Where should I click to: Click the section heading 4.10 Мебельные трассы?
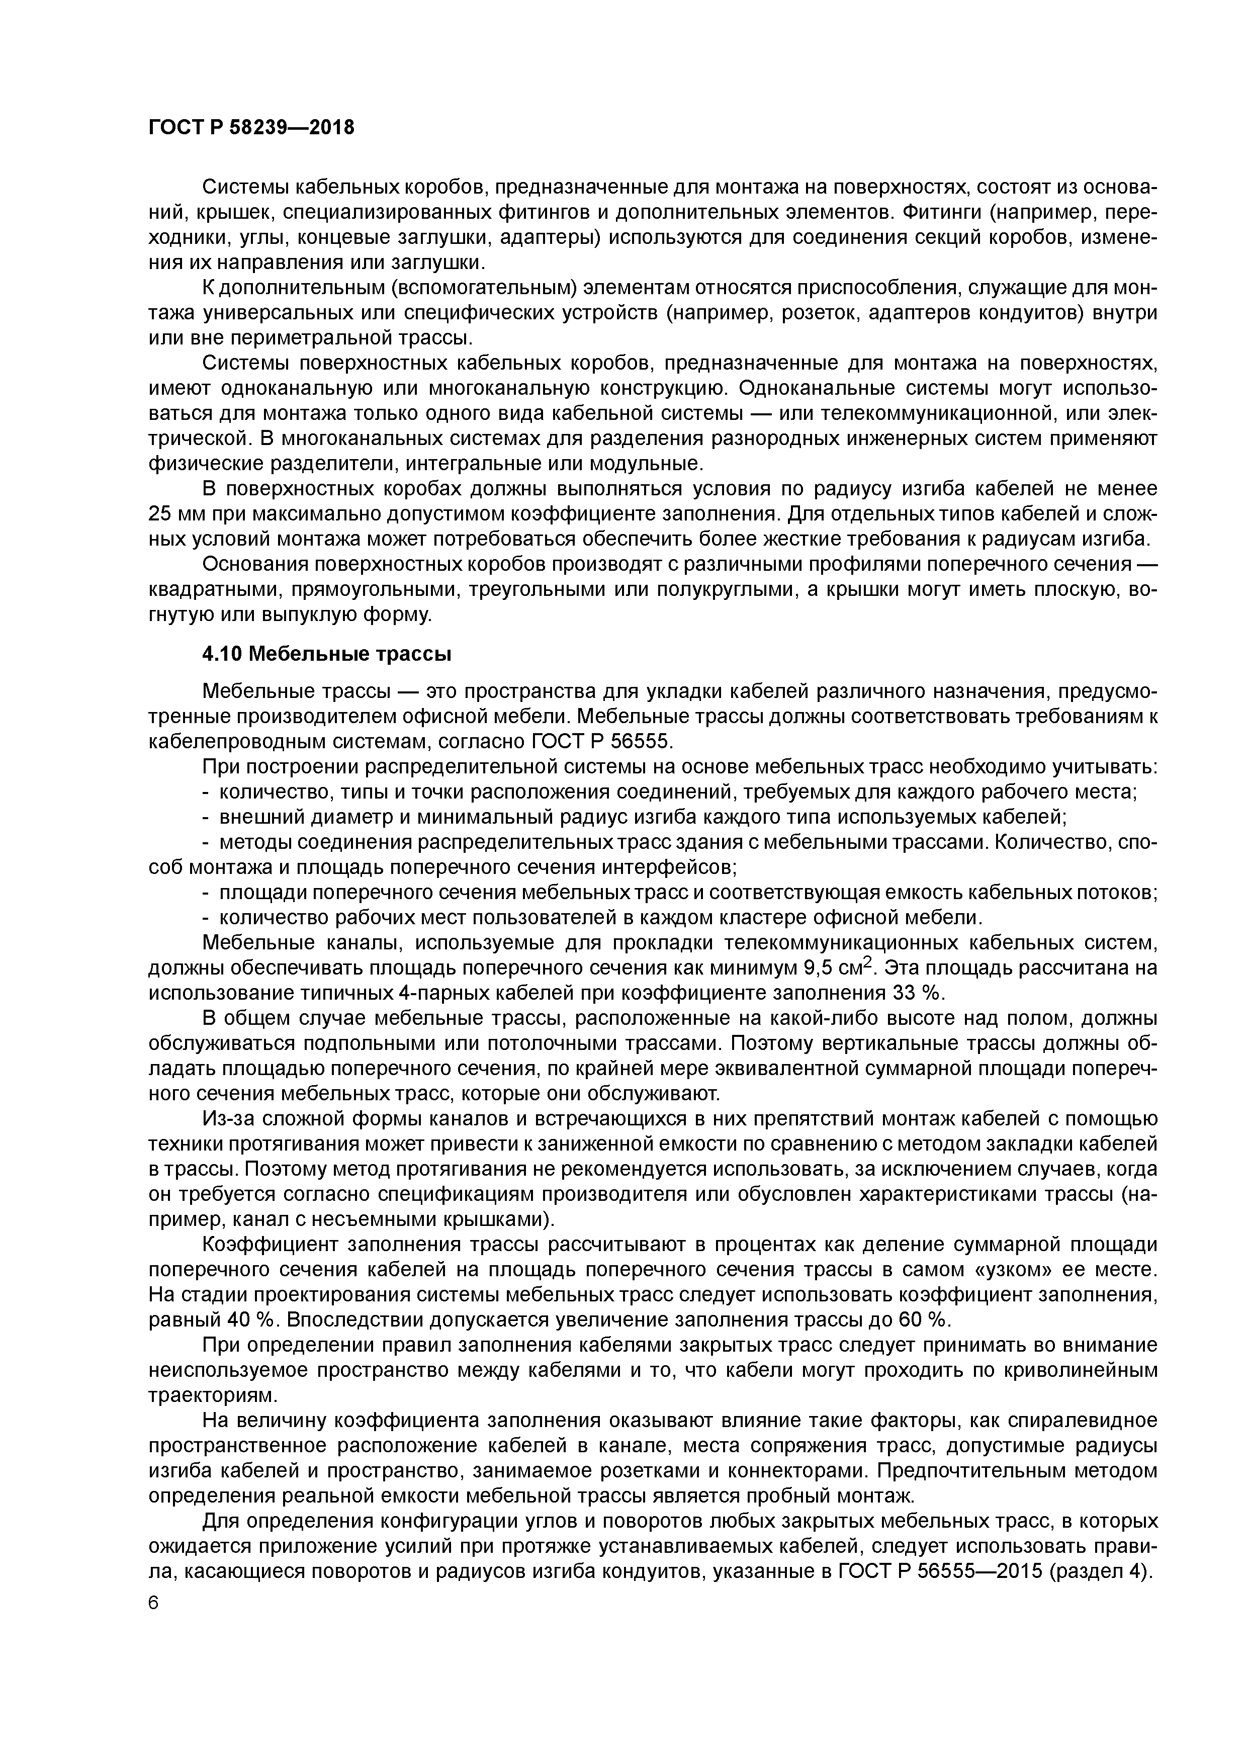pos(326,655)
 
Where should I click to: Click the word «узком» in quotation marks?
pos(935,1269)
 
